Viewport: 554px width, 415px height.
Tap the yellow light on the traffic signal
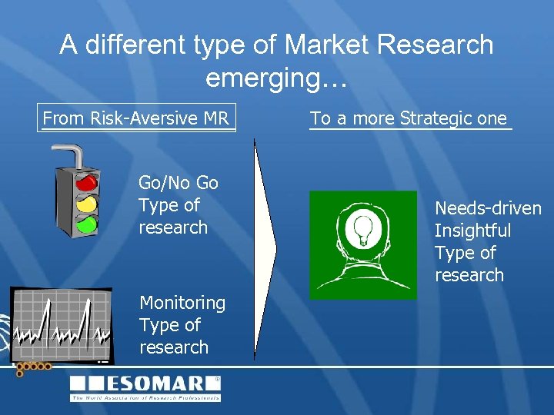click(87, 204)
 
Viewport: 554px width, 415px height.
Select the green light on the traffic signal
click(87, 224)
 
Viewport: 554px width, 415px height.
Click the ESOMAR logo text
click(146, 383)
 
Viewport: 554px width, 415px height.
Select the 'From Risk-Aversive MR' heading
click(136, 118)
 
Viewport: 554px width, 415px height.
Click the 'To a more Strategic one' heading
click(409, 118)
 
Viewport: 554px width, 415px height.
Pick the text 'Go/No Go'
click(178, 183)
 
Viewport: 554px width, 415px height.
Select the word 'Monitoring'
click(182, 304)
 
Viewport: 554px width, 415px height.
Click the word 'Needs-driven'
click(488, 208)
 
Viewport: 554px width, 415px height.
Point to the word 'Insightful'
click(472, 231)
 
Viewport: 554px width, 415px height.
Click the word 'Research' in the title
click(437, 45)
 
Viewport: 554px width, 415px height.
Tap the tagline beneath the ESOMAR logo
click(146, 397)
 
